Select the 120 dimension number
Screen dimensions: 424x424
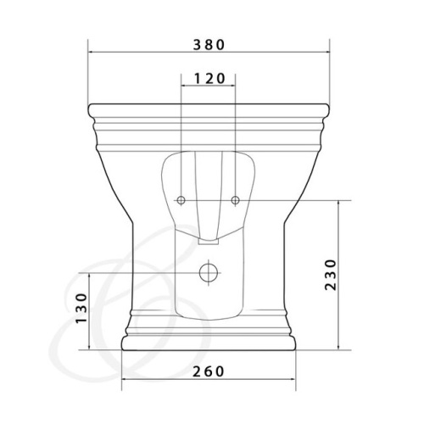pyautogui.click(x=209, y=79)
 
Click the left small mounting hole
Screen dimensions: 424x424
pyautogui.click(x=181, y=200)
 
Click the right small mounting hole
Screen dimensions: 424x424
pyautogui.click(x=236, y=200)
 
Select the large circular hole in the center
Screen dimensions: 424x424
pyautogui.click(x=209, y=273)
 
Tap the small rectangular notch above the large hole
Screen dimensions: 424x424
pyautogui.click(x=209, y=241)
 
